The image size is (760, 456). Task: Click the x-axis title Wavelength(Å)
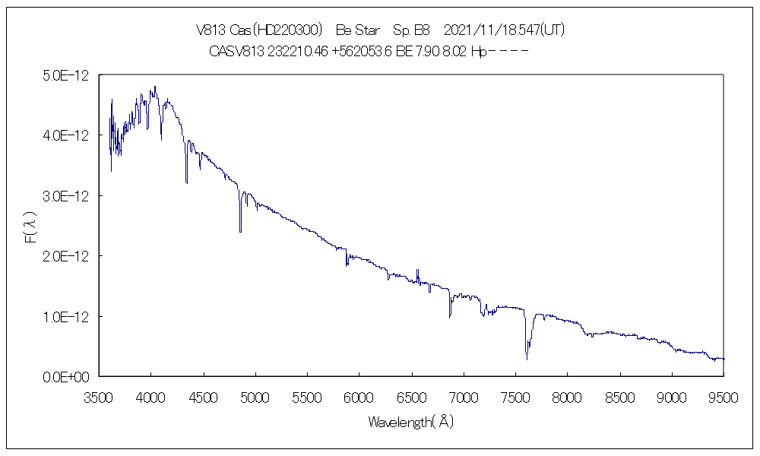pyautogui.click(x=411, y=422)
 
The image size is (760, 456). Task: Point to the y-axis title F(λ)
pyautogui.click(x=31, y=228)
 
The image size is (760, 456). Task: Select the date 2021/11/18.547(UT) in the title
pyautogui.click(x=504, y=30)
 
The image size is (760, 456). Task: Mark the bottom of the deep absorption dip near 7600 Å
pyautogui.click(x=527, y=359)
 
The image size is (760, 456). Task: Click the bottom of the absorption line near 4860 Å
pyautogui.click(x=240, y=231)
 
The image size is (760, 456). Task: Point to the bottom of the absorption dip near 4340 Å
pyautogui.click(x=186, y=182)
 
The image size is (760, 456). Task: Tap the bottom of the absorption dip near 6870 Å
pyautogui.click(x=449, y=316)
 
